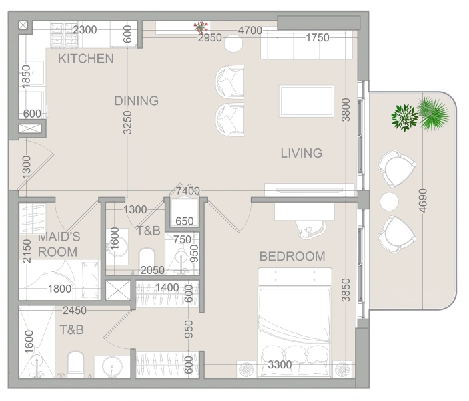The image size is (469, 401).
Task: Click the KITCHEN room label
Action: point(86,59)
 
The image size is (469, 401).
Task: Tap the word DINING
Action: point(136,101)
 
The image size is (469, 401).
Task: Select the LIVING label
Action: point(301,153)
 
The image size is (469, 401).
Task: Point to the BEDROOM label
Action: point(292,257)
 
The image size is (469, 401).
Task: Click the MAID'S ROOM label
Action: point(59,244)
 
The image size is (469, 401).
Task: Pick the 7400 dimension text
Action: point(188,191)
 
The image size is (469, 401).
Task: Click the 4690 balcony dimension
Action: point(423,200)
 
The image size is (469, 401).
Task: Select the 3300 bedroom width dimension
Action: point(280,364)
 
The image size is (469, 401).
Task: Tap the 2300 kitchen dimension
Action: point(85,29)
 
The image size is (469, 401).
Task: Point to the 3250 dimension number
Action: point(127,122)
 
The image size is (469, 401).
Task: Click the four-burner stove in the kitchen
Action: point(64,35)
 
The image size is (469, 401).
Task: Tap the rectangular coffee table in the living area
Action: point(306,101)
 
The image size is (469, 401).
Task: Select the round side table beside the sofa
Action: point(233,43)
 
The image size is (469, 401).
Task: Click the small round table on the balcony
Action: point(389,201)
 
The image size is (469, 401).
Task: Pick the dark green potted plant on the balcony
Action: point(404,118)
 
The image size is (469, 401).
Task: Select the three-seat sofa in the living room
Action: point(306,45)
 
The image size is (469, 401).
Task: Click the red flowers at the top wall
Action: point(201,27)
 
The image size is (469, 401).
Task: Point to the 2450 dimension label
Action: point(75,311)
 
